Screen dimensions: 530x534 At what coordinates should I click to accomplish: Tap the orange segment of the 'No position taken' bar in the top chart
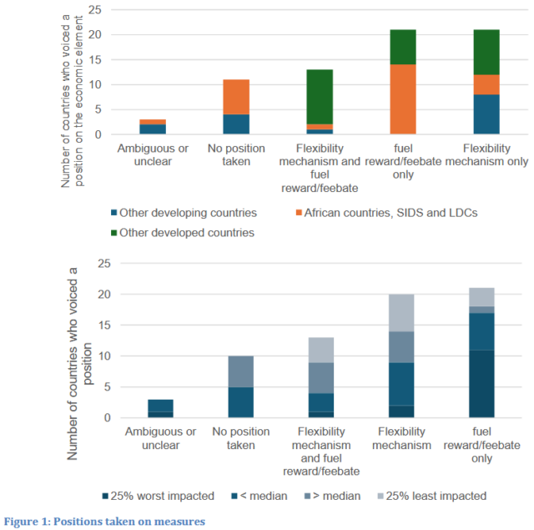tap(235, 97)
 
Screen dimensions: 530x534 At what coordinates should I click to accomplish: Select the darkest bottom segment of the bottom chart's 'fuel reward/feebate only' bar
tap(481, 383)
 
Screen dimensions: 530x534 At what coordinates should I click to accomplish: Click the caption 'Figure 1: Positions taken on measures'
tap(104, 521)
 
